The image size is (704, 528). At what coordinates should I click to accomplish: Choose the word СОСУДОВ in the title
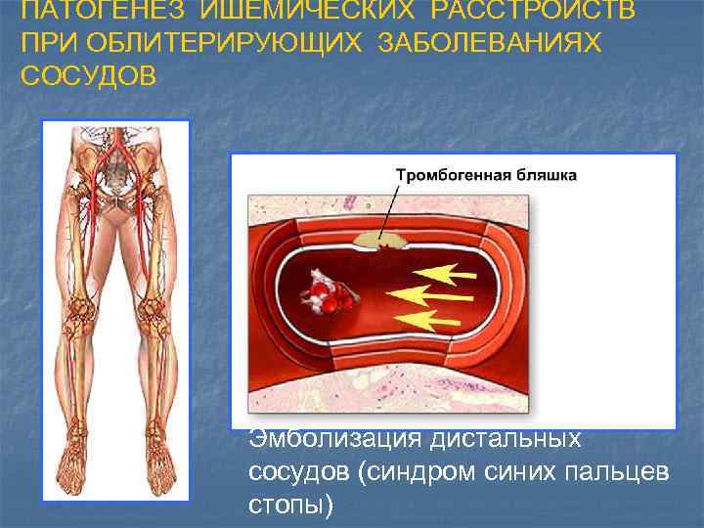tap(88, 76)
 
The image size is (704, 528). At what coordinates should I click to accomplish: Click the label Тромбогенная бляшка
tap(486, 176)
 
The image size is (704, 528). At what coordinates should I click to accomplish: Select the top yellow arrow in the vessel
tap(445, 271)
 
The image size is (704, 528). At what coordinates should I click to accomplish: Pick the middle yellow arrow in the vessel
tap(428, 293)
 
